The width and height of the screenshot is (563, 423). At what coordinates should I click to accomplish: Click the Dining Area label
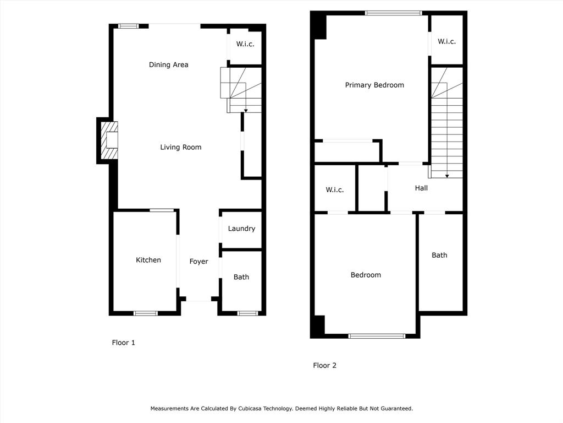click(168, 65)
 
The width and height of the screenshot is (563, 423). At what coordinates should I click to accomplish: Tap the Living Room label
click(180, 147)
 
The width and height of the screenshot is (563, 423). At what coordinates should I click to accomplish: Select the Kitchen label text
click(148, 260)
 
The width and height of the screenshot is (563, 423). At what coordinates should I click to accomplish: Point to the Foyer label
click(198, 262)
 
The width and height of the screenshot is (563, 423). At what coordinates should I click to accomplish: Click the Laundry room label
click(241, 229)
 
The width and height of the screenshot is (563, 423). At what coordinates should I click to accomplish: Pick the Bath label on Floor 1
click(241, 277)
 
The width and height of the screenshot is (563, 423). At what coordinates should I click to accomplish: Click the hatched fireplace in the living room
click(109, 140)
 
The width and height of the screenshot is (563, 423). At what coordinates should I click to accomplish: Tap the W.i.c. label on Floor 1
click(245, 44)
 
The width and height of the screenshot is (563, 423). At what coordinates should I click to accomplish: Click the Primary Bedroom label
click(374, 85)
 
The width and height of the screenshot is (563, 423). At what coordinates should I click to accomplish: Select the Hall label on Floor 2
click(421, 188)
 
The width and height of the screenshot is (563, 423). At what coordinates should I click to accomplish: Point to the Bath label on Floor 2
click(439, 255)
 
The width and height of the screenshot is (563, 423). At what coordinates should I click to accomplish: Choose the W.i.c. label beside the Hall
click(335, 189)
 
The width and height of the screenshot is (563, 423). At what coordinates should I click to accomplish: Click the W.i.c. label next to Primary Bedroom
click(446, 41)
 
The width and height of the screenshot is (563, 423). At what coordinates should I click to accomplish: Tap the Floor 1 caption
click(124, 343)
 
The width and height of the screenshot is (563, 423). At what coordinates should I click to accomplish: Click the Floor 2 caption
click(324, 366)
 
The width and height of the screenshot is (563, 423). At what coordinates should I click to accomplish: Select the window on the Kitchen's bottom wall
click(145, 313)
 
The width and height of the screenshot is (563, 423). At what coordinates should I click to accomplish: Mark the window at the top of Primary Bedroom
click(394, 13)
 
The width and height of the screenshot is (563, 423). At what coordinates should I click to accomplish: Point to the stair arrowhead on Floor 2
click(447, 176)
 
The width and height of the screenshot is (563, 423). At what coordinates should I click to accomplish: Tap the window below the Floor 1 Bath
click(248, 313)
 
